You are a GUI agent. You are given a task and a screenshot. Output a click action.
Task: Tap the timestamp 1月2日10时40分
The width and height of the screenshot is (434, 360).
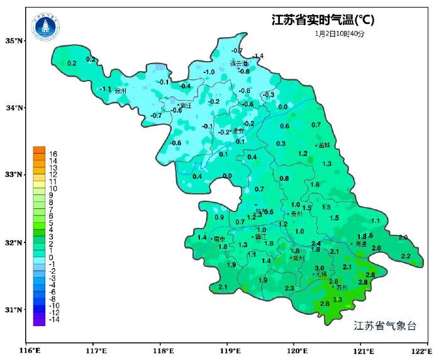[x=340, y=33]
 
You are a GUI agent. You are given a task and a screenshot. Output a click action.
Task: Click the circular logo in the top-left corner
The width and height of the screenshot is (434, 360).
[x=45, y=25]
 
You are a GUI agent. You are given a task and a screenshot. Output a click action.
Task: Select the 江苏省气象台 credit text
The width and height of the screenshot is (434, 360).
[x=385, y=325]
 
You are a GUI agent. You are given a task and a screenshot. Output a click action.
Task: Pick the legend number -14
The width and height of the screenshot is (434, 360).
[x=53, y=320]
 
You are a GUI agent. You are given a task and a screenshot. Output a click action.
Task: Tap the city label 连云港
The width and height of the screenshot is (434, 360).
[x=238, y=64]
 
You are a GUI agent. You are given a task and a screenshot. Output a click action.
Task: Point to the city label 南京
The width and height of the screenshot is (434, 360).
[x=220, y=239]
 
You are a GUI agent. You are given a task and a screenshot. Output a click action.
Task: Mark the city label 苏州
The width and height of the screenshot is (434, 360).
[x=342, y=288]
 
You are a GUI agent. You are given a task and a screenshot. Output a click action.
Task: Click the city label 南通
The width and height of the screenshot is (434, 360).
[x=360, y=244]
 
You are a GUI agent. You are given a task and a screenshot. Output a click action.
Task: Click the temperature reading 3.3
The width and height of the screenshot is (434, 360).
[x=337, y=300]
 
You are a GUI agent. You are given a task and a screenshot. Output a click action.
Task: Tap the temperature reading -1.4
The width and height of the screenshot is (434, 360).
[x=258, y=56]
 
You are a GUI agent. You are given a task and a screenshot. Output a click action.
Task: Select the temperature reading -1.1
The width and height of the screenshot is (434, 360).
[x=106, y=89]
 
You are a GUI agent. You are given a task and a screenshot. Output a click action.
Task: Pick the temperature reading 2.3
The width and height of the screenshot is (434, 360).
[x=289, y=288]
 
